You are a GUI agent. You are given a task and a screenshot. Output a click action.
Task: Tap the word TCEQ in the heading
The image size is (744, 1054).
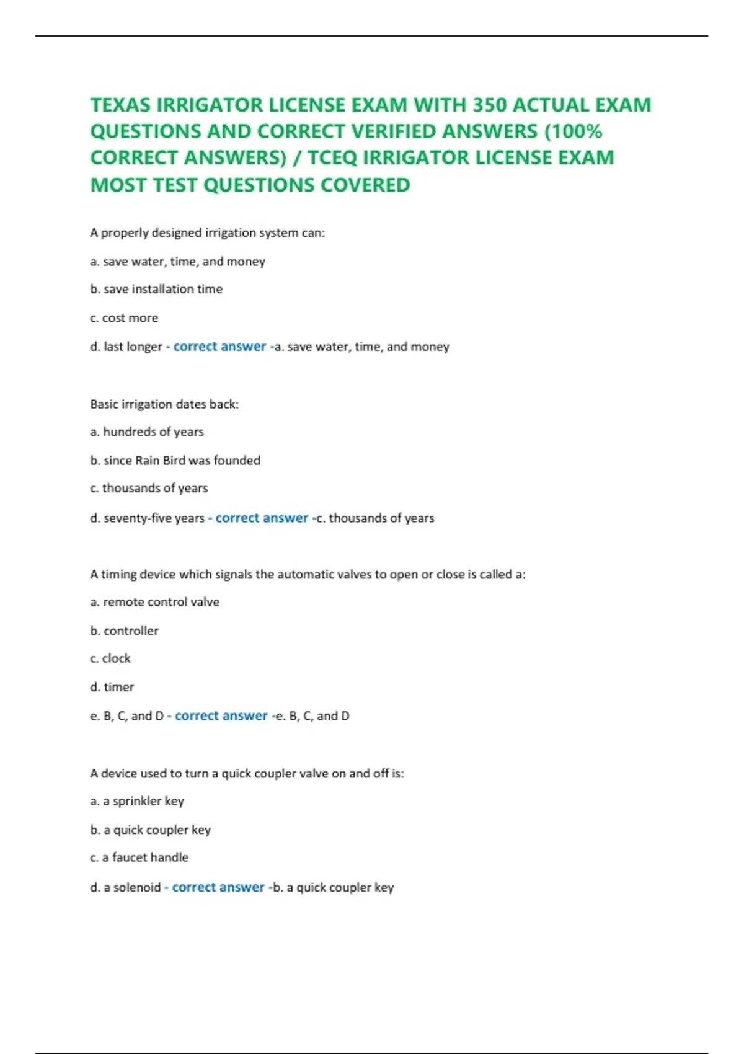coord(332,158)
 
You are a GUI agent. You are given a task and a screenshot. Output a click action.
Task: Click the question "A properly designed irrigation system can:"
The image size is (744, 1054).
coord(207,233)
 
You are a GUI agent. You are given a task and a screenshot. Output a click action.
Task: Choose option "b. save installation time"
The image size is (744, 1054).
coord(156,289)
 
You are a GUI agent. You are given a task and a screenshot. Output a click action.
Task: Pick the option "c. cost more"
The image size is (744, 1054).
coord(124,318)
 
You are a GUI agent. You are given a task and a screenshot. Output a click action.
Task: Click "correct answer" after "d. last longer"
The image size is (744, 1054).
coord(219,347)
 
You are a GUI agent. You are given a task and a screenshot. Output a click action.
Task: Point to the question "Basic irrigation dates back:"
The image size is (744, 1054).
coord(164,404)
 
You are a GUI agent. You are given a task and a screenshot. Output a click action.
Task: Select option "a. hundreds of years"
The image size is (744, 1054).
coord(147,432)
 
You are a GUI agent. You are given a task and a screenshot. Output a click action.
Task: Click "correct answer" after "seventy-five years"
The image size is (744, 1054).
coord(262,518)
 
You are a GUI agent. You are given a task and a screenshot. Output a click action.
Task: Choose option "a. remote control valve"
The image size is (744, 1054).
coord(154,602)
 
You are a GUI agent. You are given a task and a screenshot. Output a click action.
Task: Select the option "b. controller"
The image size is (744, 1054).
coord(124,631)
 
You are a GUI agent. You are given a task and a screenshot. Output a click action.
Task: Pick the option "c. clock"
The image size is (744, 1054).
coord(110,658)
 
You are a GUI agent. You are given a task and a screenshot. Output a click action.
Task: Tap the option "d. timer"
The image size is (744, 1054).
coord(112,687)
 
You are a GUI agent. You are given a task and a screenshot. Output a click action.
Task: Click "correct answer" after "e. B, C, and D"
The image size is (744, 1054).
coord(221,716)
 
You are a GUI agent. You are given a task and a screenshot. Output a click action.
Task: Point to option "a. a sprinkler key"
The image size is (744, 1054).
coord(137,801)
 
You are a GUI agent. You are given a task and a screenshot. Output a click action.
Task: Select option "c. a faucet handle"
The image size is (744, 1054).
coord(139,857)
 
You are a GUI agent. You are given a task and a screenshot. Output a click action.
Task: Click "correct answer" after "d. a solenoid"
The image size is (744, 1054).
coord(218,887)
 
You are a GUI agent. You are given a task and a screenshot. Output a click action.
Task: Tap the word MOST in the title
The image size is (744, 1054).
coord(118,185)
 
